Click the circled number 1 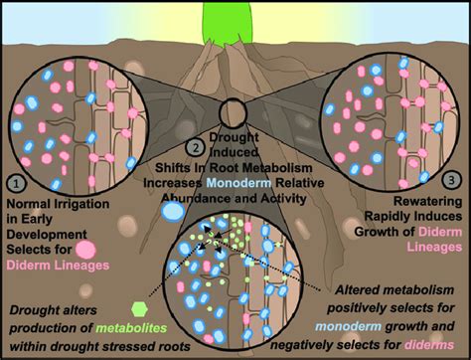click(x=16, y=182)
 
